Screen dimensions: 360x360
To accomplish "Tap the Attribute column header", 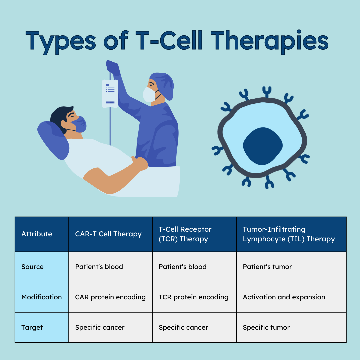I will [37, 234].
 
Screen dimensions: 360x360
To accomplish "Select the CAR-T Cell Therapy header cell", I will [108, 234].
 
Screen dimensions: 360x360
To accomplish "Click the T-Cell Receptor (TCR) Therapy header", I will [185, 234].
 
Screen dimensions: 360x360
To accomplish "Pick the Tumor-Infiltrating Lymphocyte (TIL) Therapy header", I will [289, 234].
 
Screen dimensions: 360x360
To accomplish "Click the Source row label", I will [33, 267].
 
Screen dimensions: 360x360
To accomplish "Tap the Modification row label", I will [41, 297].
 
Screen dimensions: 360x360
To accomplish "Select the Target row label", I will [32, 327].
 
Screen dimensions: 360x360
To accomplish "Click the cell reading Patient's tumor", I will [267, 267].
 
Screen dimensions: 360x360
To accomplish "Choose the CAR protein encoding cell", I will [110, 297].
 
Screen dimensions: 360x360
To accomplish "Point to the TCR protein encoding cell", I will [193, 297].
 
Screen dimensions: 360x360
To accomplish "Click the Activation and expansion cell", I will [284, 297].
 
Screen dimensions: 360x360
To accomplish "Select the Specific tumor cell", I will [266, 327].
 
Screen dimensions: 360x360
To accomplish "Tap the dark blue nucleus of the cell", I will [263, 146].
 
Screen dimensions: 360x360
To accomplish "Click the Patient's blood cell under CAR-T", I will [99, 267].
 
